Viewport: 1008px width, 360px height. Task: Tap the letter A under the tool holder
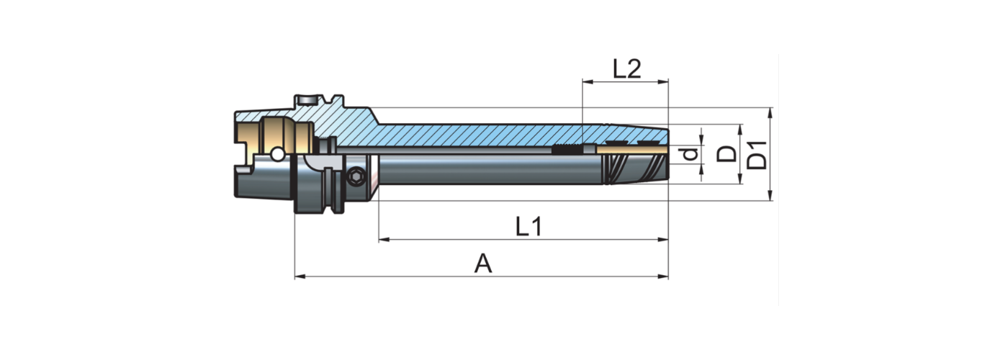point(483,264)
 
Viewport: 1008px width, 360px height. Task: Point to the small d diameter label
point(690,154)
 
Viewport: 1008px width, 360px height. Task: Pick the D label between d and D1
point(729,154)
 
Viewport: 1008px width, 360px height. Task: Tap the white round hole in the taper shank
point(276,156)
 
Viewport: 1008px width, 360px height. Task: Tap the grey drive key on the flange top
point(305,99)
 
